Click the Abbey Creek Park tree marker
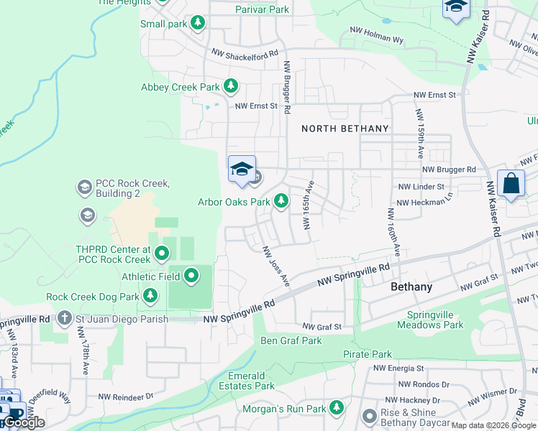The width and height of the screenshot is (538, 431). click(230, 87)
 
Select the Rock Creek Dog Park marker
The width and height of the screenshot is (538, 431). click(150, 296)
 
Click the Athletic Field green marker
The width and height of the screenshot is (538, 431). click(191, 275)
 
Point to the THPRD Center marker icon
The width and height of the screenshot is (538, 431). click(162, 253)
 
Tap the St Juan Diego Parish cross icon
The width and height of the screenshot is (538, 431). click(65, 318)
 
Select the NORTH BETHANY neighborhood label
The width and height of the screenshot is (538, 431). click(345, 129)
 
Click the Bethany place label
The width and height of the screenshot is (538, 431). click(411, 287)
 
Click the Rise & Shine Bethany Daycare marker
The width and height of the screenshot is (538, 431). click(370, 417)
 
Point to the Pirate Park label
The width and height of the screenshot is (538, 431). click(367, 354)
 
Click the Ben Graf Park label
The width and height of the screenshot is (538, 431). click(291, 340)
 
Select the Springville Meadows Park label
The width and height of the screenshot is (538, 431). click(435, 320)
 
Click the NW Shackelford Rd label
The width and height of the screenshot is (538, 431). click(245, 54)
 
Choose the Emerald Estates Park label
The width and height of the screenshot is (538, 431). click(252, 381)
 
